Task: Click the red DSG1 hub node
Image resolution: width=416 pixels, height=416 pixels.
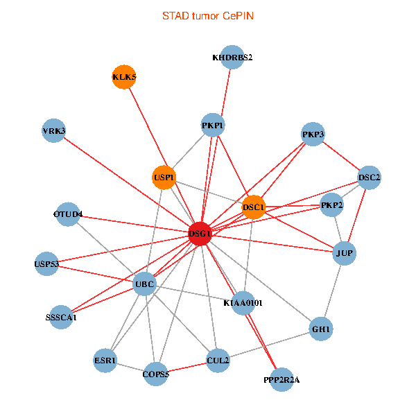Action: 200,234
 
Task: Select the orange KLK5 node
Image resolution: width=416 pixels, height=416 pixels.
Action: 124,77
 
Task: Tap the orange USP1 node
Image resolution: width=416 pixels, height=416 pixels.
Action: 164,177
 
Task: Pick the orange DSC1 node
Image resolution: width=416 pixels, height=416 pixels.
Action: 253,207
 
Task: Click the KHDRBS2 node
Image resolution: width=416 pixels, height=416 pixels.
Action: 232,58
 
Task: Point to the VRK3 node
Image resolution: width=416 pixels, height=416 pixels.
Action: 54,130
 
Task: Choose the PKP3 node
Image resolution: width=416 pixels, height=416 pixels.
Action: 313,135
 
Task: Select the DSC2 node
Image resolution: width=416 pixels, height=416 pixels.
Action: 369,177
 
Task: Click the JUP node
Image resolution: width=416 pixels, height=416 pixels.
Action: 345,253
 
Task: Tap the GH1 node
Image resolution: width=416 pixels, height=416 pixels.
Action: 321,329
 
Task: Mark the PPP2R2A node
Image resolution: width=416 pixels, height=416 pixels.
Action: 281,380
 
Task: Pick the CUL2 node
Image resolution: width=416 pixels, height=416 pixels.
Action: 218,361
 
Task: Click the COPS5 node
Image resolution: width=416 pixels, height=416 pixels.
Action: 156,374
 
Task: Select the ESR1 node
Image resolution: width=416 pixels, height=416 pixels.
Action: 105,361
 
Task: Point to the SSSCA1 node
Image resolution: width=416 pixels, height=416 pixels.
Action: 61,318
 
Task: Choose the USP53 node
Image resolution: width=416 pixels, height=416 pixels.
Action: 46,264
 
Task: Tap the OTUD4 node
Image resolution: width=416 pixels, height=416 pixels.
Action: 68,214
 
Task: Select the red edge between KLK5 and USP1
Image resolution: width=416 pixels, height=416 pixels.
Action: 148,127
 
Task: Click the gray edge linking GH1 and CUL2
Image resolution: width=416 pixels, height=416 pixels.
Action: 270,345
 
